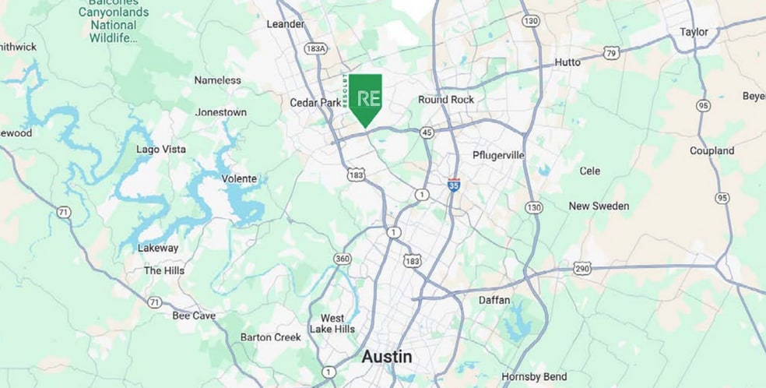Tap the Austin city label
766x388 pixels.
tap(387, 357)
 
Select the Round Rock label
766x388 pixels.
tap(445, 100)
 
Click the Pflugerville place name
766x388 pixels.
tap(498, 155)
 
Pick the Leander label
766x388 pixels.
tap(285, 24)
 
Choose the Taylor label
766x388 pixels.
tap(694, 32)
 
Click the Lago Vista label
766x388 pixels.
tap(160, 149)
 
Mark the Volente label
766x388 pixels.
tap(239, 178)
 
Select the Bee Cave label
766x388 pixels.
tap(194, 316)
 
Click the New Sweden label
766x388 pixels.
tap(599, 206)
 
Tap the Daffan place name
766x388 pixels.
tap(494, 300)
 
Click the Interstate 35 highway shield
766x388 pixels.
tap(453, 185)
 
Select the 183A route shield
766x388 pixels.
tap(315, 48)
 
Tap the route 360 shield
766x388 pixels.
tap(342, 258)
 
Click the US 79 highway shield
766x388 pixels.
tap(610, 53)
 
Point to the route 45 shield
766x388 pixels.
tap(426, 132)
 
